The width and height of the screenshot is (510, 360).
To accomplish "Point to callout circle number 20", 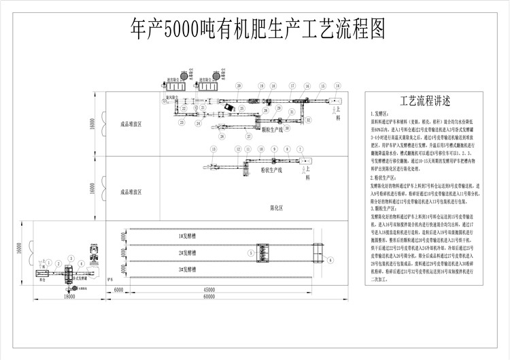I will coord(240,86).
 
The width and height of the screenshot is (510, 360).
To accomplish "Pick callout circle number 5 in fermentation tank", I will coord(250,252).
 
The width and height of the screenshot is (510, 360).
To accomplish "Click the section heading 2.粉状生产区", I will coord(384,177).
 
